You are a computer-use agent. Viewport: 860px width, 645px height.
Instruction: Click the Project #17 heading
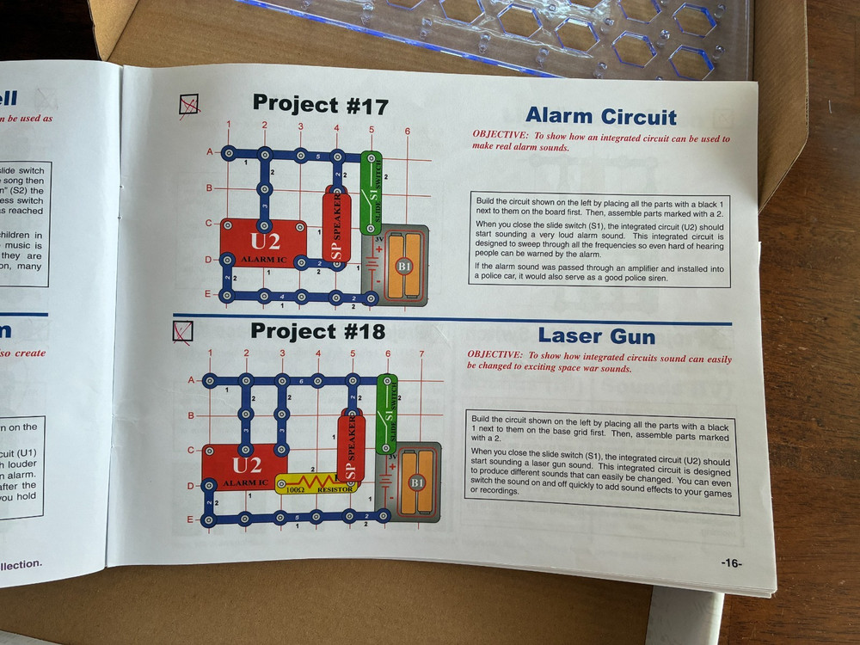click(x=320, y=106)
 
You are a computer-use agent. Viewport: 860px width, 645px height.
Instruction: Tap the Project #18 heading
click(x=317, y=331)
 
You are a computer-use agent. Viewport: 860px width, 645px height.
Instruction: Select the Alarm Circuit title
click(x=600, y=116)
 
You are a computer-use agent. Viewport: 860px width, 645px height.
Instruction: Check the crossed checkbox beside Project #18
click(x=183, y=330)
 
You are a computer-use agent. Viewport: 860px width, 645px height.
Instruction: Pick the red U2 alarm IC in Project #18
click(x=245, y=469)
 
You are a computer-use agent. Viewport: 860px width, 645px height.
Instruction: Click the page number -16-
click(x=731, y=563)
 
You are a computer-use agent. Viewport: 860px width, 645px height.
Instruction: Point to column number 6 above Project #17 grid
click(x=407, y=132)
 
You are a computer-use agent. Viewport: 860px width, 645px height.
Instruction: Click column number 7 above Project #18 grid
click(x=421, y=353)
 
